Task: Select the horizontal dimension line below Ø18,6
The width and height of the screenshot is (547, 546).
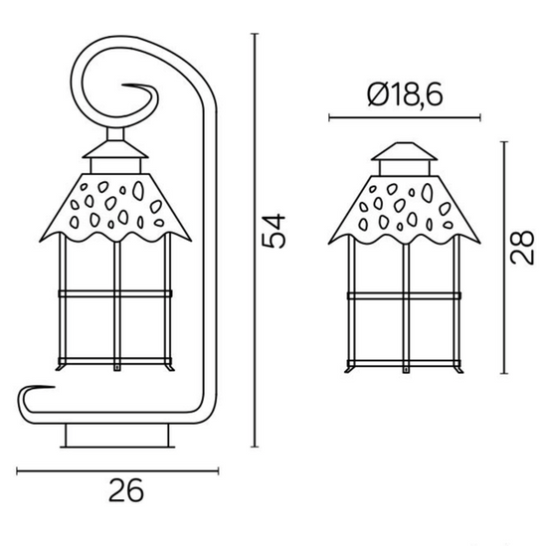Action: click(404, 118)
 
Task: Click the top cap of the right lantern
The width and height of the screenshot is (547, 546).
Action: click(405, 157)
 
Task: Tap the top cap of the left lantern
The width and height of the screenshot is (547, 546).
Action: click(116, 154)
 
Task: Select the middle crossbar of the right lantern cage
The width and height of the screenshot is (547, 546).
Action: click(405, 295)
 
